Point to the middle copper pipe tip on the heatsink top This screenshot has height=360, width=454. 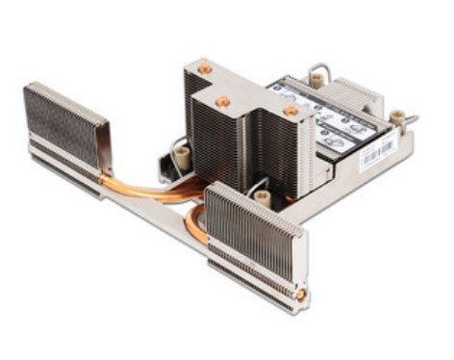point(222,100)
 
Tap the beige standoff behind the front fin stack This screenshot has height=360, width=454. point(261,196)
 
